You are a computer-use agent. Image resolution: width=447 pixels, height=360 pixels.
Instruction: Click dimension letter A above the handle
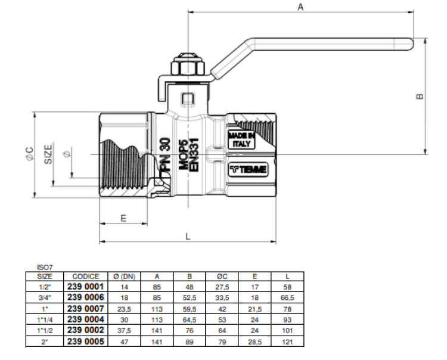click(300, 7)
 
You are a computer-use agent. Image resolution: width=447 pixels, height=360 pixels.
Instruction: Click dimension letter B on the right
click(420, 97)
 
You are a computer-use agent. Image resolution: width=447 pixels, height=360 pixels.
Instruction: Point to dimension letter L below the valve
click(188, 237)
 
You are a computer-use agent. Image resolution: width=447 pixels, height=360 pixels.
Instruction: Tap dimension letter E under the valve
click(123, 218)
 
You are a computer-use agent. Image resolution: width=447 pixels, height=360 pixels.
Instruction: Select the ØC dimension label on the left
click(30, 154)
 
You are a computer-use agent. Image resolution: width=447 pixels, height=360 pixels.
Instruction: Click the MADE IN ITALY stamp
click(241, 139)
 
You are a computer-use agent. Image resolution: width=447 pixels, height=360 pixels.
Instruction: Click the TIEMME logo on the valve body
click(249, 170)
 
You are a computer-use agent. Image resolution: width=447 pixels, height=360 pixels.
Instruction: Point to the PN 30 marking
click(165, 154)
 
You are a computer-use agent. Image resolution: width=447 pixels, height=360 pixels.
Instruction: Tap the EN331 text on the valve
click(194, 154)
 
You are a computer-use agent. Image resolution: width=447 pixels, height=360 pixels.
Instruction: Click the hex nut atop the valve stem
click(188, 67)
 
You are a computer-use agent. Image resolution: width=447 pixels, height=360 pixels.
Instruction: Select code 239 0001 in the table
click(85, 287)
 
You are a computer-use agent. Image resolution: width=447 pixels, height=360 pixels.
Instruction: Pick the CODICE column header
click(85, 276)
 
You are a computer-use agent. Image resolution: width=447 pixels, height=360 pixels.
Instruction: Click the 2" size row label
click(45, 342)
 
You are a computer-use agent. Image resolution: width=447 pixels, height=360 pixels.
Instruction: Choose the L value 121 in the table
click(287, 342)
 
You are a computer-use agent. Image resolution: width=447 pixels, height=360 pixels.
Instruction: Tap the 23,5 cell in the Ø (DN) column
click(124, 309)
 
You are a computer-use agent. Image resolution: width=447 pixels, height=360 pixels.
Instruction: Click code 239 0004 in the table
click(85, 319)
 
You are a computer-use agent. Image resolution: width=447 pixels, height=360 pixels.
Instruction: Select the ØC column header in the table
click(222, 276)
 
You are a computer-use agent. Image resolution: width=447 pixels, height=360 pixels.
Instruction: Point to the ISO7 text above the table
click(45, 268)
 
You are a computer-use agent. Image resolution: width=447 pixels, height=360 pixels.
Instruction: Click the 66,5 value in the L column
click(287, 297)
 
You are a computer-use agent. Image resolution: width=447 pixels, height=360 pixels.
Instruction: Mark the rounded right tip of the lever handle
click(414, 44)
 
